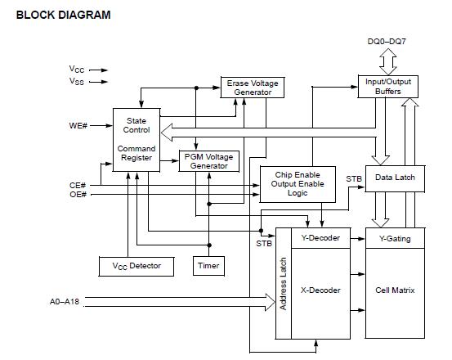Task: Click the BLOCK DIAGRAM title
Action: tap(64, 15)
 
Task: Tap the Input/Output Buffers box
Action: tap(387, 87)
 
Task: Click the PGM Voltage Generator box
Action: tap(209, 160)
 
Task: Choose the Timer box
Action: tap(208, 266)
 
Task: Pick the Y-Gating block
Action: tap(395, 239)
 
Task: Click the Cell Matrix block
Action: tap(395, 290)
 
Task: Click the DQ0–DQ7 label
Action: tap(387, 40)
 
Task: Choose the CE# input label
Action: tap(78, 185)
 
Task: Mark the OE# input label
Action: tap(78, 195)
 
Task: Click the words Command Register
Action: tap(136, 154)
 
